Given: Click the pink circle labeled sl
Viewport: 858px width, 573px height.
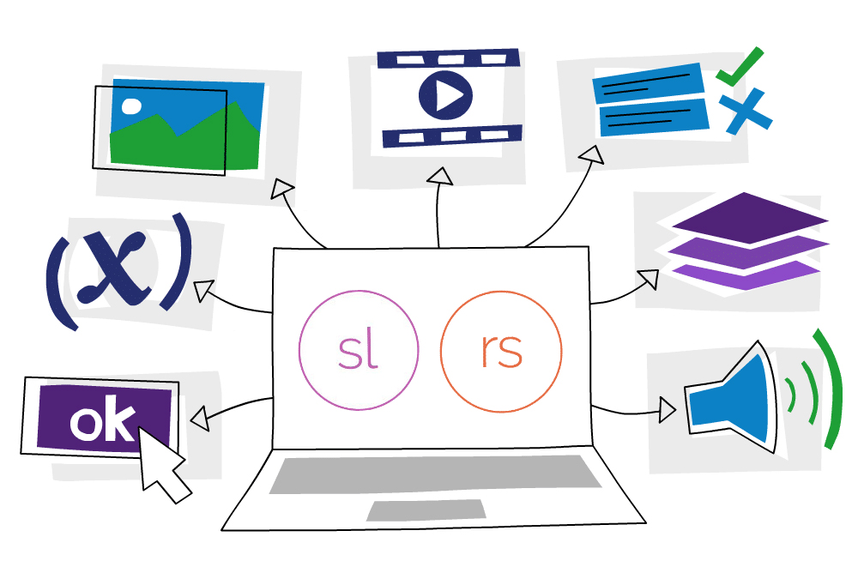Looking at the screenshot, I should (359, 351).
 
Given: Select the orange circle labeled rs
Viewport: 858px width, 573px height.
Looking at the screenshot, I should (500, 351).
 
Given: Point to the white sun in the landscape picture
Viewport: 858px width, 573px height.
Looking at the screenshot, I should (131, 106).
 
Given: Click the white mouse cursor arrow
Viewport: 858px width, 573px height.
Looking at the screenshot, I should (163, 464).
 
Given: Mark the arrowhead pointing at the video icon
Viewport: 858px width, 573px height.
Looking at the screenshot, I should (440, 177).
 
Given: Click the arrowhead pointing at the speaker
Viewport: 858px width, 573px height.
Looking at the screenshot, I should (668, 410).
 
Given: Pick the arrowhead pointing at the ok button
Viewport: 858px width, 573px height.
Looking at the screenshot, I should (200, 419).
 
